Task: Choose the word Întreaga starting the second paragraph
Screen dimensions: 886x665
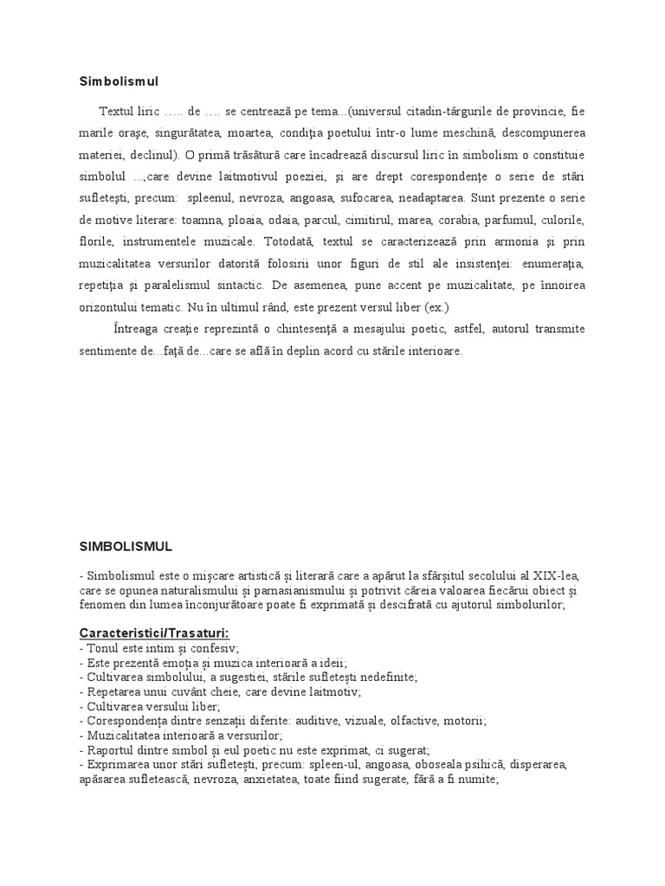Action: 138,329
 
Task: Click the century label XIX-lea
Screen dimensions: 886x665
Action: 559,575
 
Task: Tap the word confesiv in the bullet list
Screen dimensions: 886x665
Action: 213,648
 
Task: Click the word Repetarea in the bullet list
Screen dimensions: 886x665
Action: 111,692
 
